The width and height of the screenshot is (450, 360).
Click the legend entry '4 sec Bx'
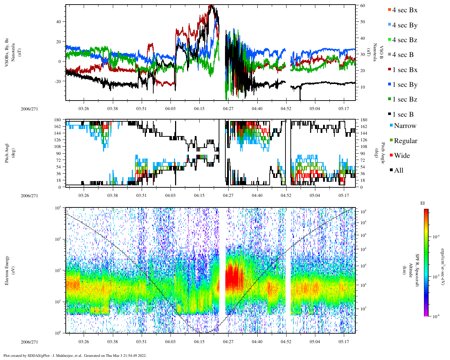404,10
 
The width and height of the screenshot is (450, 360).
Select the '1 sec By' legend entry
404,85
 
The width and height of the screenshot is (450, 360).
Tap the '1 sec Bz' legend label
404,99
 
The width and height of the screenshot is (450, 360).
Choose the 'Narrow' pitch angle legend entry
405,126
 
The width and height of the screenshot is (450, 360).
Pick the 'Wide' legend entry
401,156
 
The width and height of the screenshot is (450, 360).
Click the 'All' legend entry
398,171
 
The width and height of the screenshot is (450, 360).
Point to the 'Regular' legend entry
405,141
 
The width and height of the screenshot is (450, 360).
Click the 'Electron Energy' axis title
7,270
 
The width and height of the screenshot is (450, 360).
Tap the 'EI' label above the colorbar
423,203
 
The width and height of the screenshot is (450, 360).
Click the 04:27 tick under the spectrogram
228,342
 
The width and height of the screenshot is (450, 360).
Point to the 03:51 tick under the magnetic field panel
141,109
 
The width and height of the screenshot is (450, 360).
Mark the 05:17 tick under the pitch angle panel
344,195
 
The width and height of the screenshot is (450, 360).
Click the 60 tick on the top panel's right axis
362,6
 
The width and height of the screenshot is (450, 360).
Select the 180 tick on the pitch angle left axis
57,120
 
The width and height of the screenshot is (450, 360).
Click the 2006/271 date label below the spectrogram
29,342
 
